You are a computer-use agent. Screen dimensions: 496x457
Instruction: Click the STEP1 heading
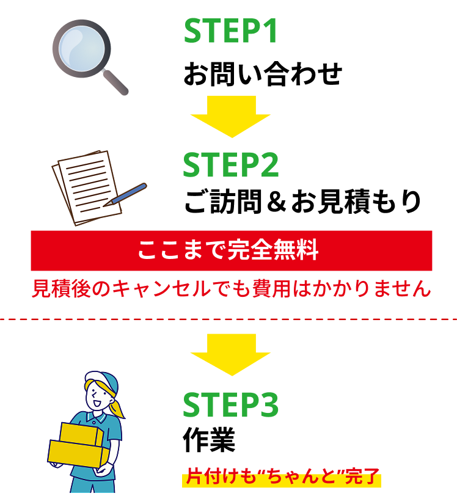(231, 31)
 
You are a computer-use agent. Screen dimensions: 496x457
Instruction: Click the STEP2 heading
(231, 166)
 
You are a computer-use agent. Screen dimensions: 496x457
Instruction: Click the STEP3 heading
(231, 405)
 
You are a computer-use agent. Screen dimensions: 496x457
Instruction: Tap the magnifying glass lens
(81, 48)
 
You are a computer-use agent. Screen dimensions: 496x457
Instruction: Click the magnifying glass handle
(115, 82)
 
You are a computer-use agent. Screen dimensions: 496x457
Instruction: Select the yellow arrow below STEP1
(231, 116)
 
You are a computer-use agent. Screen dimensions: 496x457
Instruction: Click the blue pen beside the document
(129, 193)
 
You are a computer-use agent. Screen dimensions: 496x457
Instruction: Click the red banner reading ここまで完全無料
(231, 250)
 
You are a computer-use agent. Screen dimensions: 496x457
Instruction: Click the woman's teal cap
(104, 379)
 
